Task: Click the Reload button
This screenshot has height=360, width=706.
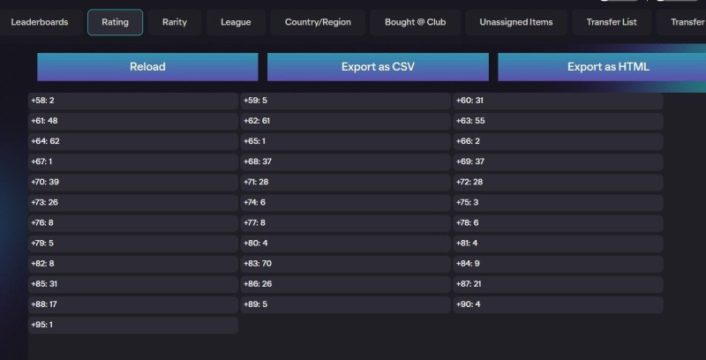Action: pyautogui.click(x=147, y=67)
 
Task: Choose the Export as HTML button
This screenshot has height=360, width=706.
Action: pyautogui.click(x=607, y=67)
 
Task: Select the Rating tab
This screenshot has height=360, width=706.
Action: pyautogui.click(x=116, y=22)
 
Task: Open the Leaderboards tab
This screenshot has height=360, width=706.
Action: pyautogui.click(x=40, y=22)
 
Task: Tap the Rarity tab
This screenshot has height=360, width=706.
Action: pyautogui.click(x=175, y=22)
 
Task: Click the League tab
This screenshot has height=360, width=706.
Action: pyautogui.click(x=236, y=22)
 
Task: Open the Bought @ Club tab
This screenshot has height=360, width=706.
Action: pyautogui.click(x=416, y=22)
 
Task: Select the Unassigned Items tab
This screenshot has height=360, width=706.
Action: pyautogui.click(x=516, y=22)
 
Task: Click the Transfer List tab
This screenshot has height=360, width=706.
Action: pyautogui.click(x=612, y=22)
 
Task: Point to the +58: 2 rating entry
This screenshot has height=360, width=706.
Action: pyautogui.click(x=132, y=101)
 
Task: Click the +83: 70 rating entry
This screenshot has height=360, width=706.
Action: pyautogui.click(x=346, y=264)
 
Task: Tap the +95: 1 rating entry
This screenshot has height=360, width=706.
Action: pyautogui.click(x=132, y=325)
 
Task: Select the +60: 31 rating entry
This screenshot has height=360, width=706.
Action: pyautogui.click(x=558, y=101)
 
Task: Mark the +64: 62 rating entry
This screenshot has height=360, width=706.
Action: pyautogui.click(x=132, y=142)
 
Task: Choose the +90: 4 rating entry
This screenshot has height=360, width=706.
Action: pyautogui.click(x=558, y=304)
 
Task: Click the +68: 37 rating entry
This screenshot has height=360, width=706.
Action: pyautogui.click(x=346, y=162)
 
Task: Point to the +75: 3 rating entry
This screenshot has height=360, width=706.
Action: pyautogui.click(x=558, y=203)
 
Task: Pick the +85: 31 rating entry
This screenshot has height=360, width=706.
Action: pyautogui.click(x=132, y=284)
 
